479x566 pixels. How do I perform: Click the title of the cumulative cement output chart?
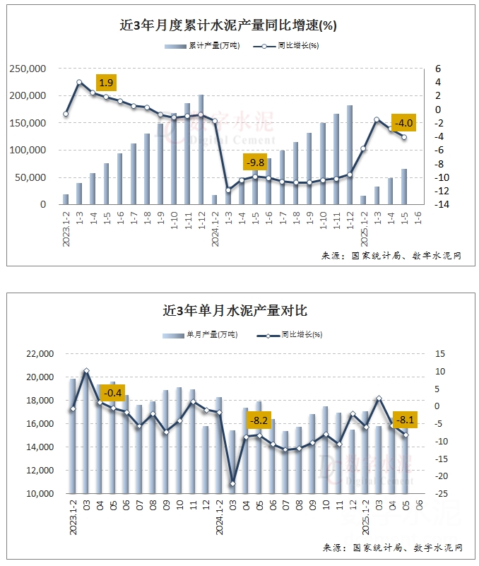click(228, 25)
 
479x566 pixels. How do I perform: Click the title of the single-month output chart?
click(235, 310)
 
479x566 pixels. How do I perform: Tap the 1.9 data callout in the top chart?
click(106, 83)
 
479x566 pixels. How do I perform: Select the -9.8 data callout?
click(255, 163)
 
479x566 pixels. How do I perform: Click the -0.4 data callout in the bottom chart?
click(114, 392)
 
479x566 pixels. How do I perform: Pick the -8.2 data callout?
click(259, 420)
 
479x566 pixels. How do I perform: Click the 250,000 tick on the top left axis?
click(28, 69)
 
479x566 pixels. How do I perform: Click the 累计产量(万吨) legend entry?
click(201, 46)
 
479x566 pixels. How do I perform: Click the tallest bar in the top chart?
click(201, 150)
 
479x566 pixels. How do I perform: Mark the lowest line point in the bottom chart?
click(232, 483)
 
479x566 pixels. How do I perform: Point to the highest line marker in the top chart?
click(79, 83)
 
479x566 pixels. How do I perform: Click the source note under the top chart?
click(391, 255)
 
